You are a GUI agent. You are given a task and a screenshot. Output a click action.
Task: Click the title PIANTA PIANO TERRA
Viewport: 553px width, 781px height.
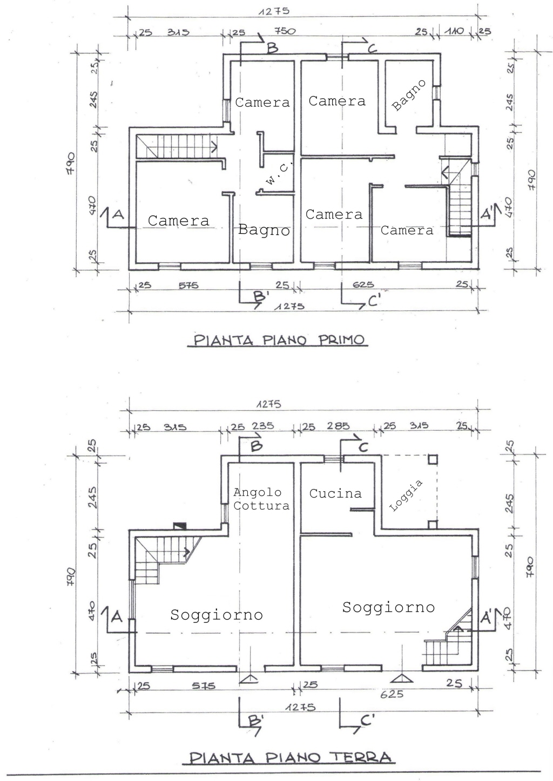[x=292, y=757]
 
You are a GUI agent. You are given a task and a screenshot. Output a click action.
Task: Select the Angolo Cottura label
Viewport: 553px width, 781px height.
[x=261, y=499]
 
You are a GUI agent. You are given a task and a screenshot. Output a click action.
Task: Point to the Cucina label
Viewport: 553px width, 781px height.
[x=335, y=493]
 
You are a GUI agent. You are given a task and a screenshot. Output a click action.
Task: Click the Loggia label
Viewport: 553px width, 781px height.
[x=406, y=496]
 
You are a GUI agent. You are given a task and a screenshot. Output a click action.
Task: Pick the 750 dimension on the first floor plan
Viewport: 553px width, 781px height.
[x=285, y=31]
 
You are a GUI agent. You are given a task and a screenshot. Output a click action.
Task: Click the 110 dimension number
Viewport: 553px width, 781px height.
[x=454, y=31]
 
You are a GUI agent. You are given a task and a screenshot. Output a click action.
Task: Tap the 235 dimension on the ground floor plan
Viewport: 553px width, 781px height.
[x=262, y=426]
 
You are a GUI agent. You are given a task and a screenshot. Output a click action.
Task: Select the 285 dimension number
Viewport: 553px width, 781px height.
[x=338, y=426]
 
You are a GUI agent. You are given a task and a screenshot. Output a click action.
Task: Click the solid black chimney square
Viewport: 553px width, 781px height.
[x=179, y=525]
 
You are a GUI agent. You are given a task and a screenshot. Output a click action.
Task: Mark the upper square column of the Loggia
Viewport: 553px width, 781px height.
[x=433, y=459]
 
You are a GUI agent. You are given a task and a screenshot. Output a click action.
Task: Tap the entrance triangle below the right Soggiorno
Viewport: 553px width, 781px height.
[x=400, y=678]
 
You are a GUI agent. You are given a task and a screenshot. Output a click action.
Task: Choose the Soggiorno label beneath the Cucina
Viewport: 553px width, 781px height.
[x=388, y=607]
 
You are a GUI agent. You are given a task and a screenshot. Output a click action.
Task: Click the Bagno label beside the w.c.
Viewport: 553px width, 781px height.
[x=264, y=230]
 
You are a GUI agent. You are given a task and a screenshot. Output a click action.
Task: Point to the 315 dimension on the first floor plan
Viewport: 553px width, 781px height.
[x=178, y=32]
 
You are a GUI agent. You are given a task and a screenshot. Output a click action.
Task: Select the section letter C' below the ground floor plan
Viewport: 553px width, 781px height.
[x=368, y=720]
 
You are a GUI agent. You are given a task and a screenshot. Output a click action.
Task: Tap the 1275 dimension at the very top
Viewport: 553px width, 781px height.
[x=274, y=11]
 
